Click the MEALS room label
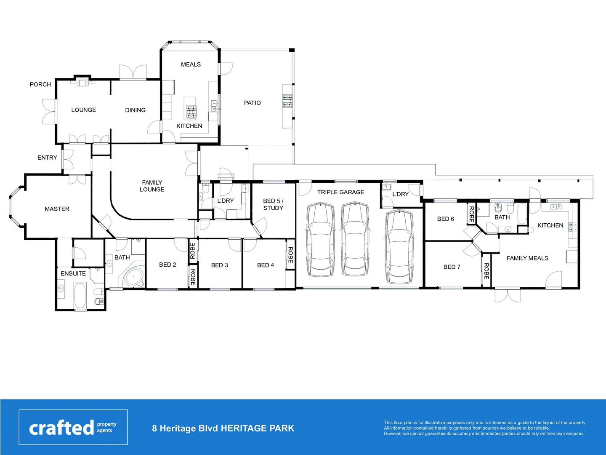191,64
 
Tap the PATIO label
252,103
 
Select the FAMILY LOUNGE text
152,186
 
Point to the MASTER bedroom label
57,209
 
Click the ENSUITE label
73,273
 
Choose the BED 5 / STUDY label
273,204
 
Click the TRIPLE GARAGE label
340,192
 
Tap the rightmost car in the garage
399,247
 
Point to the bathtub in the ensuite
80,295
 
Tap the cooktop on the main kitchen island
191,112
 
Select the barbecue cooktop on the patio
287,101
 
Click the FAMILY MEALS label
527,258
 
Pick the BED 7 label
452,267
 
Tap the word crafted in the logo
61,428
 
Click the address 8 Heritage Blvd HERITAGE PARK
223,428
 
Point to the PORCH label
40,84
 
